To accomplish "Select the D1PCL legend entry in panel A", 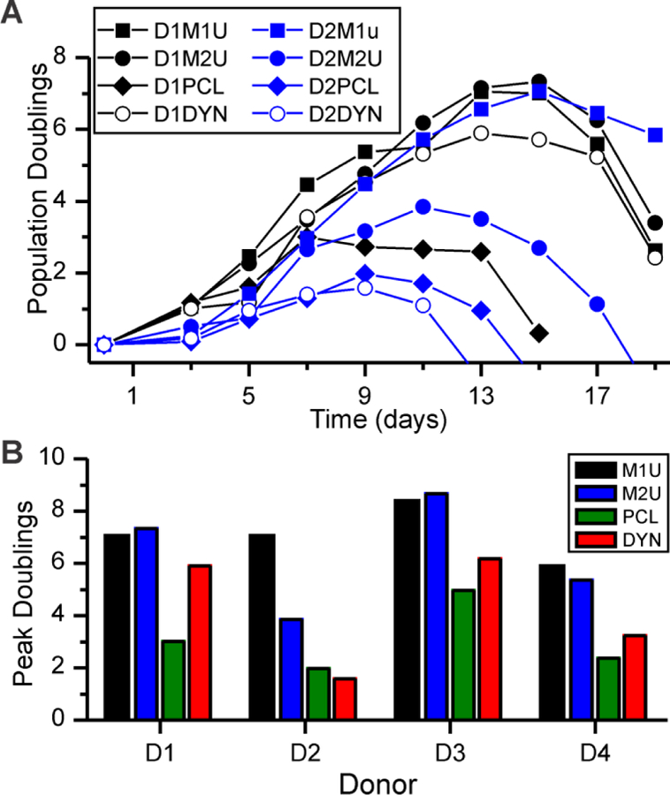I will click(x=168, y=91).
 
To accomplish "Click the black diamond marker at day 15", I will click(x=538, y=333).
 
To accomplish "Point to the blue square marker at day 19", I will click(x=655, y=135).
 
